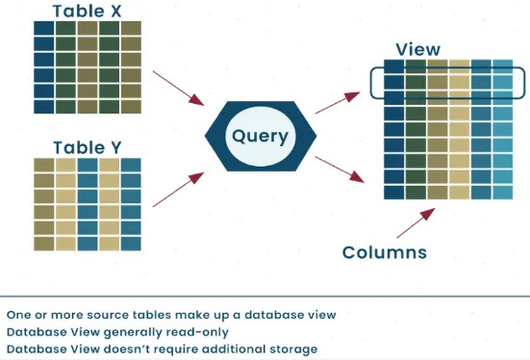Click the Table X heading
click(87, 11)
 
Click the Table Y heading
click(87, 147)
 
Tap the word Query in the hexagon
click(260, 136)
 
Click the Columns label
click(385, 253)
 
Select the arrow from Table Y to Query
click(178, 190)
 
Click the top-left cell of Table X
click(43, 28)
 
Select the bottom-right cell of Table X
click(130, 105)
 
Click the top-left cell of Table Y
click(43, 166)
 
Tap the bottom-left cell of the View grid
click(392, 192)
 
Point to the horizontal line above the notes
click(265, 296)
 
